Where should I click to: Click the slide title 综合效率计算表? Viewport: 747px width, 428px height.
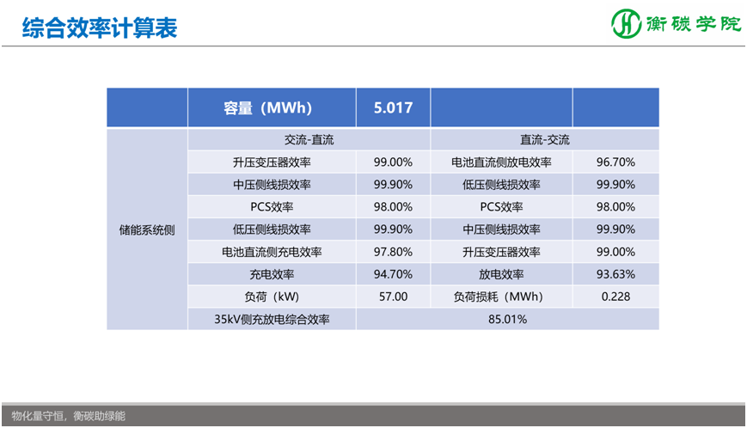pos(99,28)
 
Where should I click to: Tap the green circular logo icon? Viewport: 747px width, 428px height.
pos(626,24)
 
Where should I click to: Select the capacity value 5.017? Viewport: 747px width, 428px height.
pos(393,108)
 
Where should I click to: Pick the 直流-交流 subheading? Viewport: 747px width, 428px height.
pos(544,139)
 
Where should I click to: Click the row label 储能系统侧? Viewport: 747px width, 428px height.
pos(147,229)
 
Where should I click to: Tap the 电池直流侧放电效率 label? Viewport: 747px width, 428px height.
pos(501,162)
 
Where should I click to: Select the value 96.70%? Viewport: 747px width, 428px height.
pos(615,162)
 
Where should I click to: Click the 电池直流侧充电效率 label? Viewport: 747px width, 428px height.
pos(272,252)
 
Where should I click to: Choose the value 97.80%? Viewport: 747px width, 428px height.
pos(393,252)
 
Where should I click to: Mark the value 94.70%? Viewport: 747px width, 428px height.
pos(393,274)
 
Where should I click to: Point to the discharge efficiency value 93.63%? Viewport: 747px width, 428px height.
pos(615,274)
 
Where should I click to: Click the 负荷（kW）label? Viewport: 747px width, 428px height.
pos(272,297)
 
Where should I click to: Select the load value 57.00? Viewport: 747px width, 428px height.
pos(393,297)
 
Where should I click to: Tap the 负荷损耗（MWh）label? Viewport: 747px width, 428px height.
pos(501,297)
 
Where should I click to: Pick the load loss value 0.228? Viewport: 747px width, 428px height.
pos(615,297)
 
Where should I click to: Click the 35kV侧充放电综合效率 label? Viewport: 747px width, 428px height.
pos(272,319)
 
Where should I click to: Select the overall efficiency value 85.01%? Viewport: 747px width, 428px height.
pos(507,319)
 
